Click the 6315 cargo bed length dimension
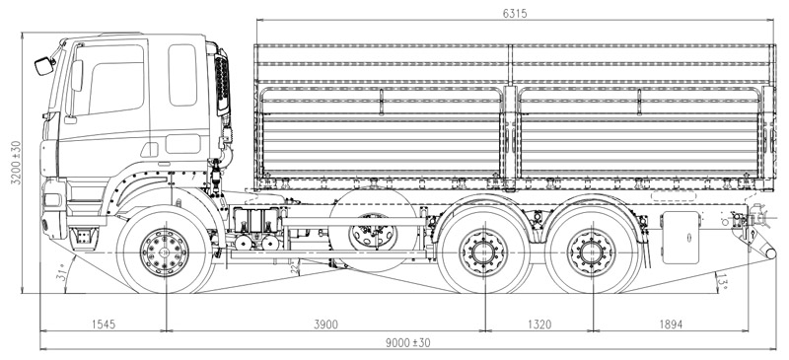click(515, 14)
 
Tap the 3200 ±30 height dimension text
click(16, 163)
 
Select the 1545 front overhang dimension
click(104, 324)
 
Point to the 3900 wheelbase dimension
click(326, 324)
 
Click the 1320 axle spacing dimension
click(539, 324)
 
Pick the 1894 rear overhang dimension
click(672, 324)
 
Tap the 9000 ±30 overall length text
click(408, 343)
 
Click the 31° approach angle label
click(62, 272)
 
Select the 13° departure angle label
click(723, 282)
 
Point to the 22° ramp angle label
click(295, 267)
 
